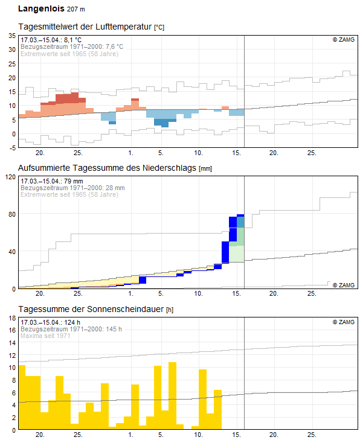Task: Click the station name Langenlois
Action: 40,9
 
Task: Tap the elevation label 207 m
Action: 76,10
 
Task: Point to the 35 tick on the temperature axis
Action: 11,36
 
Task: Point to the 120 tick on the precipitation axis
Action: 10,177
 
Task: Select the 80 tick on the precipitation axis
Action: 11,214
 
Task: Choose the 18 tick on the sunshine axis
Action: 11,317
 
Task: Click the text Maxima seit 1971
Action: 45,336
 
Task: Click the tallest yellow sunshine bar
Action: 172,395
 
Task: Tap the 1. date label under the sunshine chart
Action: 131,435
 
